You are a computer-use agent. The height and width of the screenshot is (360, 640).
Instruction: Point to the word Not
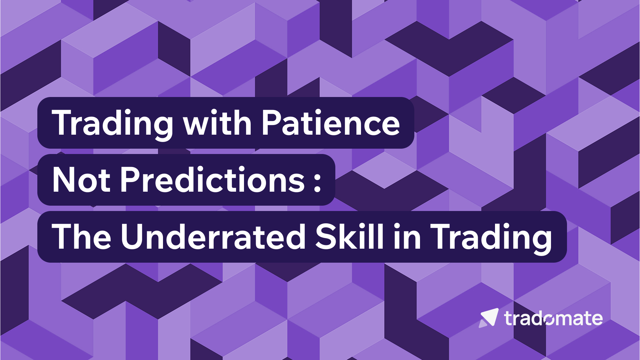[81, 180]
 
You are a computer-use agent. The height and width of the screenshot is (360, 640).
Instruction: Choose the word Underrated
[213, 237]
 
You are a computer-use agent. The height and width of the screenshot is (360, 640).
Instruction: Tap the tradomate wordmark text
[553, 318]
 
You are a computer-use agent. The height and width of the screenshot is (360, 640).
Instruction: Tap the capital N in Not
[64, 180]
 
